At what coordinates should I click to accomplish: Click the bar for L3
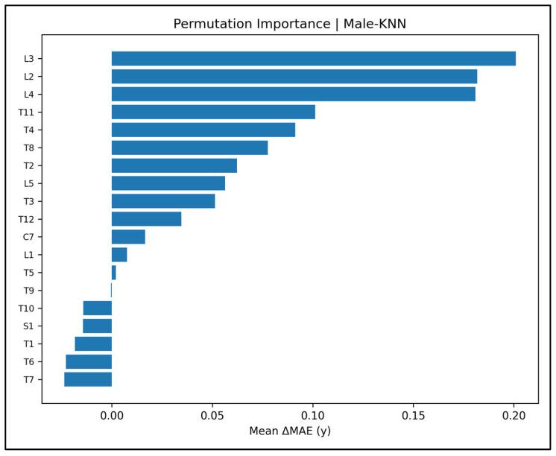(x=313, y=59)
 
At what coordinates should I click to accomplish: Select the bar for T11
(x=213, y=113)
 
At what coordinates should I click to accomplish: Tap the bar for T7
(x=88, y=379)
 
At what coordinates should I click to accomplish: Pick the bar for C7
(x=128, y=237)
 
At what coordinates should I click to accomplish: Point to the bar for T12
(x=146, y=219)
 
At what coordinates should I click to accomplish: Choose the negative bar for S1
(x=98, y=326)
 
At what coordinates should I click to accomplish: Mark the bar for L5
(x=168, y=183)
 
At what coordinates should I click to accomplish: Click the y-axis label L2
(x=28, y=77)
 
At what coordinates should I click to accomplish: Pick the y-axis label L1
(x=28, y=255)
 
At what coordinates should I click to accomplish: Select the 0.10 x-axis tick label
(x=313, y=414)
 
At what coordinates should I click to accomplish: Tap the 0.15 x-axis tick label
(x=413, y=414)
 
